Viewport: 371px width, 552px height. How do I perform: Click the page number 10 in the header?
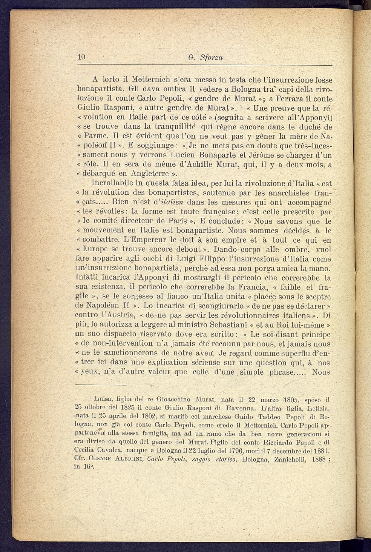(82, 57)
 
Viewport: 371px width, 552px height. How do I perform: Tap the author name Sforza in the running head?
(212, 58)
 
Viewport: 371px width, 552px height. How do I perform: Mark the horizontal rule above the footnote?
(100, 385)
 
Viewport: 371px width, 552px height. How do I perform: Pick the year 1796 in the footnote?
(220, 451)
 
